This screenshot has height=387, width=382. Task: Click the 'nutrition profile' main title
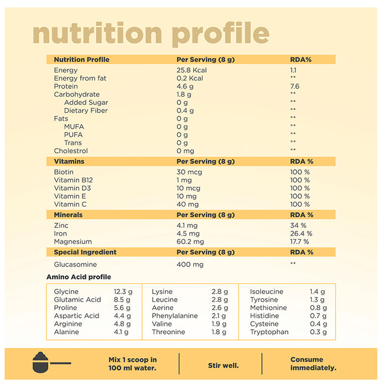click(x=151, y=34)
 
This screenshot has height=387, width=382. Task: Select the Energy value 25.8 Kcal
click(x=191, y=70)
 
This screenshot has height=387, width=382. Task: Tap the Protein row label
click(x=66, y=86)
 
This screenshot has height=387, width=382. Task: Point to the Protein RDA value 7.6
click(x=295, y=86)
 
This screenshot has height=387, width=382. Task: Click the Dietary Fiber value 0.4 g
click(x=185, y=111)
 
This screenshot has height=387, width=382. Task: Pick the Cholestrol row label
click(x=71, y=151)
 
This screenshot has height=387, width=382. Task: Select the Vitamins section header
click(x=69, y=161)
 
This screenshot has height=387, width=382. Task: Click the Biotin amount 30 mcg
click(x=189, y=172)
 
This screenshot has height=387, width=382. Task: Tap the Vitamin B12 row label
click(x=74, y=180)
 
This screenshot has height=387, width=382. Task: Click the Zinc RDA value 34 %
click(x=298, y=226)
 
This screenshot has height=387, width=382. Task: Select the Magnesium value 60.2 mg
click(x=190, y=242)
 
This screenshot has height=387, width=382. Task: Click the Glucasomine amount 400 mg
click(x=189, y=264)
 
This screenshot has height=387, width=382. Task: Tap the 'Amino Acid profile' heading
click(x=79, y=277)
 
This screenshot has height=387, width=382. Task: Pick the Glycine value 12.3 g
click(x=123, y=292)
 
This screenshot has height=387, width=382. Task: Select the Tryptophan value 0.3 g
click(x=318, y=332)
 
